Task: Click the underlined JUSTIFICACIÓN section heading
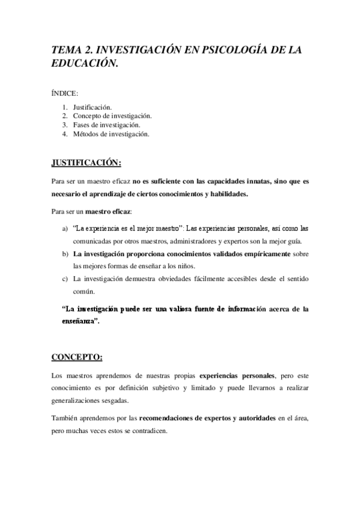[x=87, y=162]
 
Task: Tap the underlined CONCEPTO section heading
[x=77, y=357]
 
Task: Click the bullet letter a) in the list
[x=65, y=229]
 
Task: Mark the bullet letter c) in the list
[x=65, y=280]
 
